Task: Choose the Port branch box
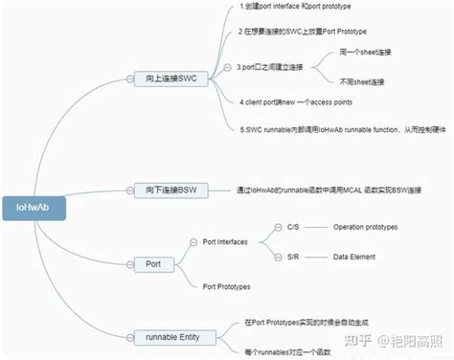pos(152,261)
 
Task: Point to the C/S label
pos(293,227)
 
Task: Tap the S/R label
pos(293,258)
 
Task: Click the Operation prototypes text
pos(365,227)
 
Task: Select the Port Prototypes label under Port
pos(227,285)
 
